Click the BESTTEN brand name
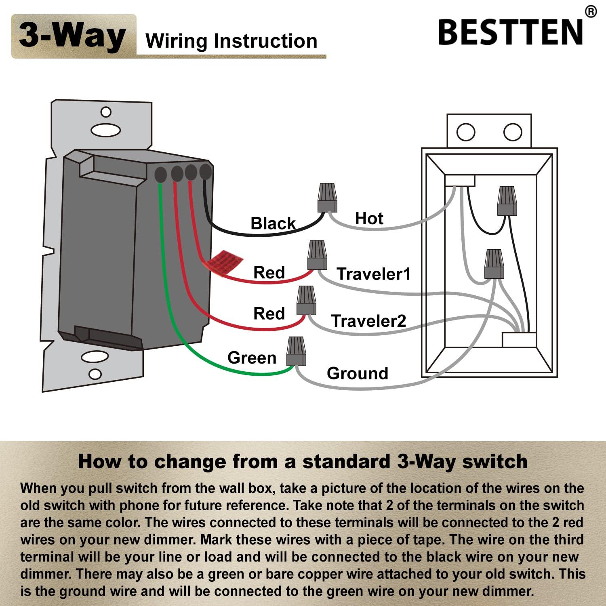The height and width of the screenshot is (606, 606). click(511, 32)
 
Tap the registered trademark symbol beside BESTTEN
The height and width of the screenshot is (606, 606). click(591, 12)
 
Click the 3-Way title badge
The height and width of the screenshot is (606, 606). click(74, 36)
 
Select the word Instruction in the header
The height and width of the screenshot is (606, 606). click(265, 41)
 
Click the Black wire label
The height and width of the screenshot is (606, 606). click(273, 223)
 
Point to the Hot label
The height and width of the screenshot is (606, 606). click(369, 218)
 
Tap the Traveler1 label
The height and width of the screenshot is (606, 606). click(374, 274)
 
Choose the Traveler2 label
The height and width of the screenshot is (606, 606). click(368, 321)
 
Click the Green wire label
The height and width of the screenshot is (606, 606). click(252, 358)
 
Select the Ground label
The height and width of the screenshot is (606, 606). click(358, 373)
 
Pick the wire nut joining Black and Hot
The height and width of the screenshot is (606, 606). click(327, 198)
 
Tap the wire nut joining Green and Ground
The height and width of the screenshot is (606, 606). click(296, 351)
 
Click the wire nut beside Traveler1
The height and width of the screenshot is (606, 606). click(317, 255)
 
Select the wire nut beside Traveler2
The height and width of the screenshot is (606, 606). click(306, 301)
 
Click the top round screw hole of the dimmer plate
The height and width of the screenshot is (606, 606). click(106, 112)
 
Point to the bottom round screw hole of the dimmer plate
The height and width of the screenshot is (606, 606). click(95, 374)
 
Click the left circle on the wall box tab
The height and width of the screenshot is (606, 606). click(466, 132)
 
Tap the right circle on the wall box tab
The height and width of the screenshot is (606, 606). click(513, 132)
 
